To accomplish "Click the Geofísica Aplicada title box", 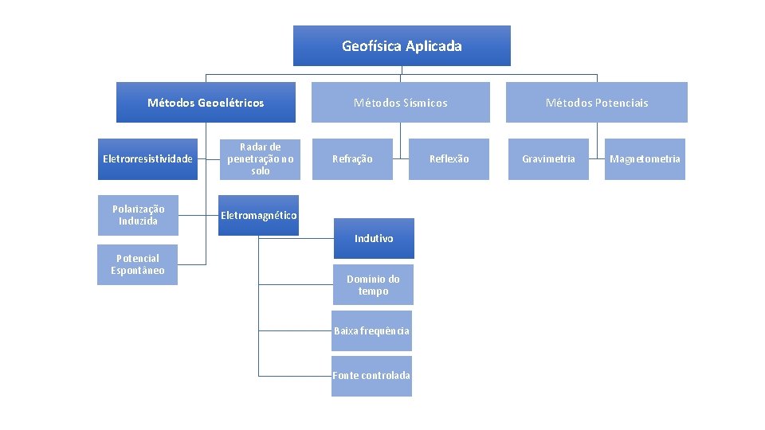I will pyautogui.click(x=402, y=45).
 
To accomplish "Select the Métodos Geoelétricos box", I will pyautogui.click(x=206, y=102).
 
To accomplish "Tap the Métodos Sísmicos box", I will pyautogui.click(x=400, y=102).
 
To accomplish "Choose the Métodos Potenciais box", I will pyautogui.click(x=596, y=102).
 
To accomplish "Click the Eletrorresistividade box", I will pyautogui.click(x=147, y=158).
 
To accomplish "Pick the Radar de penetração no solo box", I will pyautogui.click(x=260, y=158).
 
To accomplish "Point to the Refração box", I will pyautogui.click(x=352, y=158).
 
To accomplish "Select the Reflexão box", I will pyautogui.click(x=449, y=158).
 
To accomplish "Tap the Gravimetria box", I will pyautogui.click(x=548, y=158).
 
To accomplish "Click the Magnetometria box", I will pyautogui.click(x=645, y=158).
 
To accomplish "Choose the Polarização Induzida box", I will pyautogui.click(x=138, y=215).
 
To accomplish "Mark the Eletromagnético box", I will pyautogui.click(x=258, y=215).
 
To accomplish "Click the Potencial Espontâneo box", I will pyautogui.click(x=137, y=264).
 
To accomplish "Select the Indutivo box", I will pyautogui.click(x=374, y=238).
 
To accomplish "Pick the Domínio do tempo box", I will pyautogui.click(x=373, y=284).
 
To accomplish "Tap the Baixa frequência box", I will pyautogui.click(x=372, y=330).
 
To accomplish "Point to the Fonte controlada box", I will pyautogui.click(x=372, y=375).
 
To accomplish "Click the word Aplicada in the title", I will pyautogui.click(x=433, y=45).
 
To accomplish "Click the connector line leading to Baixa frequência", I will pyautogui.click(x=295, y=331).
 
